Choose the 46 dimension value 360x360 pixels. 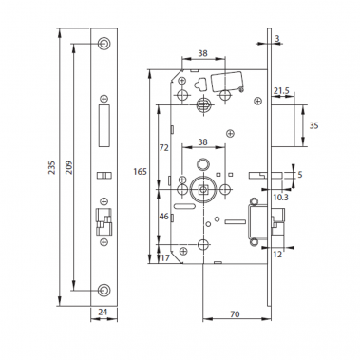point(162,218)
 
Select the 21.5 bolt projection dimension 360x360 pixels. point(282,91)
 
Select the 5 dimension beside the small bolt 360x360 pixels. point(300,175)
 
